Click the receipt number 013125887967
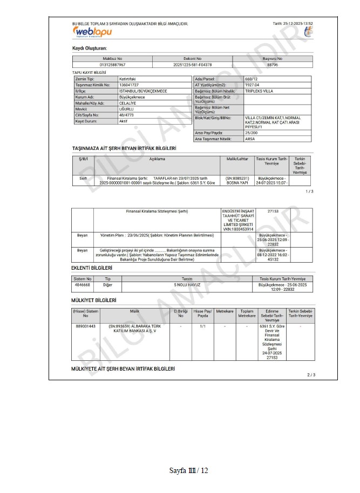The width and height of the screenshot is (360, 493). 112,64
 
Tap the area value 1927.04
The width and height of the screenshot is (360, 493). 253,85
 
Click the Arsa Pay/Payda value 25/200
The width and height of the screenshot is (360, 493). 252,133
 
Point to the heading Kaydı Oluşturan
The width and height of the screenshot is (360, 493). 89,49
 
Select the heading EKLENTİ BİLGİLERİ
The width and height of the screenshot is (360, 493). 92,268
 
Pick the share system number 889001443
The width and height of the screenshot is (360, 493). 85,326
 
